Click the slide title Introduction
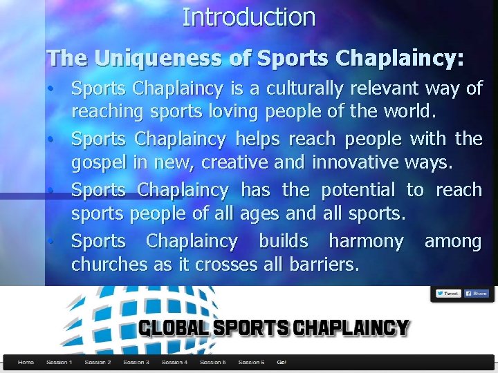click(249, 17)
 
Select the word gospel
click(97, 162)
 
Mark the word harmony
click(366, 241)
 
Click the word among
click(453, 241)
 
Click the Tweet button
click(448, 294)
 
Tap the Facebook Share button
click(476, 294)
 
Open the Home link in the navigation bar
click(26, 362)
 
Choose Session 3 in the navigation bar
click(136, 362)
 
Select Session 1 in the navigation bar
click(59, 362)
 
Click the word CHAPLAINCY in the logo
click(351, 327)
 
